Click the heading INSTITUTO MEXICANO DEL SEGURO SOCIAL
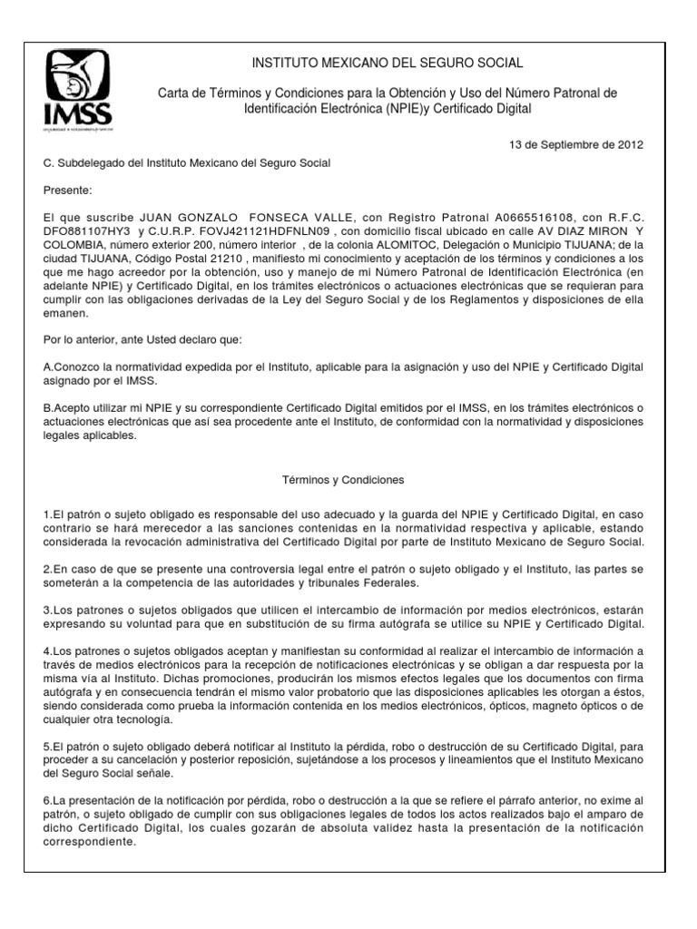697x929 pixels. point(387,62)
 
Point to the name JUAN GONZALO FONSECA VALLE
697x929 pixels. point(231,219)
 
